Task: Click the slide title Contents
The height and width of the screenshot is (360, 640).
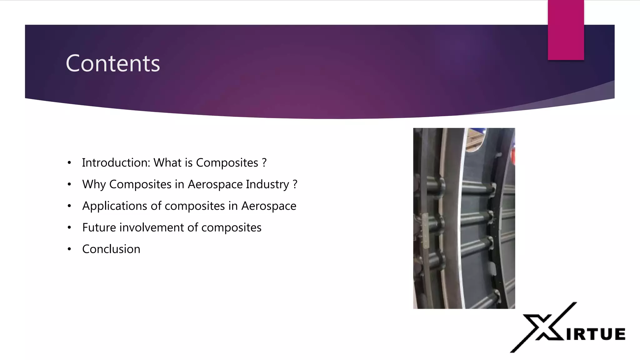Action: tap(113, 63)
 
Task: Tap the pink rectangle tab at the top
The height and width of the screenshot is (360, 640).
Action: tap(566, 30)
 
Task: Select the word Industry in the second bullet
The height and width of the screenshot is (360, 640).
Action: tap(267, 184)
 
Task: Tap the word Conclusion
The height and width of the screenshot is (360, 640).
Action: tap(111, 249)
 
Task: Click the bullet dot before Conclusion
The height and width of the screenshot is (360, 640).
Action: tap(69, 249)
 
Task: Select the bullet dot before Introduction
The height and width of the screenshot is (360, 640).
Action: tap(69, 163)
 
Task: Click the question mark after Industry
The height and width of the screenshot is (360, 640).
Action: tap(295, 184)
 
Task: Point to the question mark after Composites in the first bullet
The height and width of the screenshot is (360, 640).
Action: tap(264, 163)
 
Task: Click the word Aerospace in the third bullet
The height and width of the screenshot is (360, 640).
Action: tap(269, 206)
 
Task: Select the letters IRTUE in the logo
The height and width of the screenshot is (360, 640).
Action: tap(596, 334)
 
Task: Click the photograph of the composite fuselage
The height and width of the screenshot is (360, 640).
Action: tap(464, 218)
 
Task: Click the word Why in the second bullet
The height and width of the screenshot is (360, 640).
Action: tap(94, 184)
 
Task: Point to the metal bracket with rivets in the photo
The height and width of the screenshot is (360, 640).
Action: tap(425, 231)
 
